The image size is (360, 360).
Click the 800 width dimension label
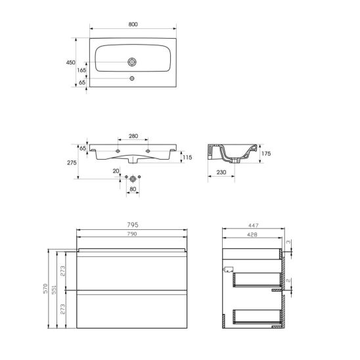[133, 24]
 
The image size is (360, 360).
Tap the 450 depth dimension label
[70, 62]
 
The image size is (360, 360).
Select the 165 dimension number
[81, 70]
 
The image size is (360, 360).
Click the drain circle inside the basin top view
[132, 62]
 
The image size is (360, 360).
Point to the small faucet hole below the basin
[132, 78]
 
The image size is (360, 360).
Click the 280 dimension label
[133, 136]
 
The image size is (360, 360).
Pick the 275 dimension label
[72, 162]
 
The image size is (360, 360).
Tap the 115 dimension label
[187, 157]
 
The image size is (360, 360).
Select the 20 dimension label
[116, 171]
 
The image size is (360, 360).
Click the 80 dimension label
[133, 189]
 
